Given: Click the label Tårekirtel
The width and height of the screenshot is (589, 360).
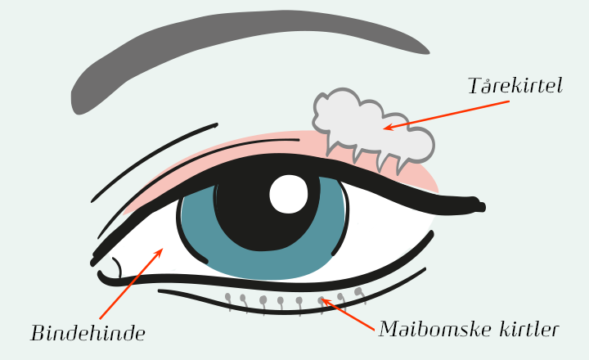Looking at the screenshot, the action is [x=515, y=86].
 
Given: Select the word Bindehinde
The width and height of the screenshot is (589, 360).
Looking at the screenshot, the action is [x=88, y=333].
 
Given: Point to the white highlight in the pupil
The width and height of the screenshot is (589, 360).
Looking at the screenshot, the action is [x=289, y=194].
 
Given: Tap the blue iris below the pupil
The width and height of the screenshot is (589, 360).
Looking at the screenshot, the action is [x=267, y=265].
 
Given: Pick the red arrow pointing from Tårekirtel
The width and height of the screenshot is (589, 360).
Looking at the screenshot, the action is [x=447, y=115].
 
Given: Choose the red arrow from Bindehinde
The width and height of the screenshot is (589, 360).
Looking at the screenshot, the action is [x=131, y=283].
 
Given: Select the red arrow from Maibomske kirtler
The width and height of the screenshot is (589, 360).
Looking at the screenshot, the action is [x=348, y=314].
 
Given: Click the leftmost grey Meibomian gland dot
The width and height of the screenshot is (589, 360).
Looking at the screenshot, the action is [x=228, y=297].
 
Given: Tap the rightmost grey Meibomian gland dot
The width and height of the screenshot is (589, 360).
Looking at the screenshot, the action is [x=359, y=290].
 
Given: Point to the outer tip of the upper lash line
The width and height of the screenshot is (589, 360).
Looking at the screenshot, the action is [x=483, y=206].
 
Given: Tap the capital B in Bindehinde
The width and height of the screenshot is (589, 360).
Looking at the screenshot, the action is [x=38, y=333].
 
